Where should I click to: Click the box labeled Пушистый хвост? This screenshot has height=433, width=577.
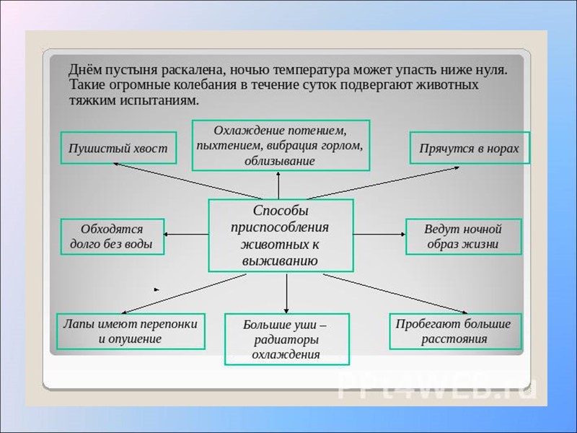(x=118, y=149)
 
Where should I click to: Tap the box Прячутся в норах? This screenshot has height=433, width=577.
(x=470, y=149)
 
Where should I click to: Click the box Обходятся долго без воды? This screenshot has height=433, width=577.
(x=112, y=237)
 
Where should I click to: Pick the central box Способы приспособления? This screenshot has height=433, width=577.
(x=281, y=235)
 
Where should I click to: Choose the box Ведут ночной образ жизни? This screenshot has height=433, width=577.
(x=462, y=237)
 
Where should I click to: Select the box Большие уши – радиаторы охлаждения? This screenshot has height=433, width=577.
(x=286, y=339)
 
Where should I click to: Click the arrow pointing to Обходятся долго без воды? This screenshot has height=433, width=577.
(x=187, y=235)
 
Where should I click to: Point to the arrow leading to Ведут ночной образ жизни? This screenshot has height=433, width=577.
(x=379, y=235)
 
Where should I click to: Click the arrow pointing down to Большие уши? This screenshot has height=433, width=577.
(x=287, y=292)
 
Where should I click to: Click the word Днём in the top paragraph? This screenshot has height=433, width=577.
(x=85, y=70)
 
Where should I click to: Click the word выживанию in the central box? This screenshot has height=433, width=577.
(x=281, y=261)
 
